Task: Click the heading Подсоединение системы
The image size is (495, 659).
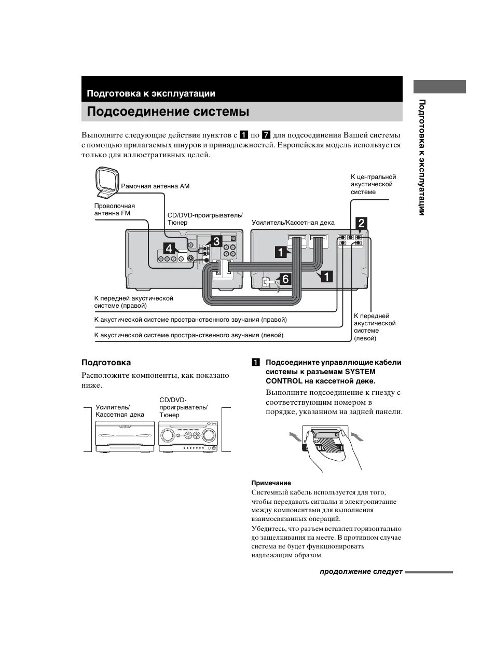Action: click(168, 112)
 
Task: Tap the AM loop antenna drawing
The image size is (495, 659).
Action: click(106, 183)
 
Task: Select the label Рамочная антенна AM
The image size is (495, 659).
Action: click(155, 186)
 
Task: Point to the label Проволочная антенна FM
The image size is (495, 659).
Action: click(114, 210)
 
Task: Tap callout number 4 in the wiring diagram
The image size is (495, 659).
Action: click(169, 248)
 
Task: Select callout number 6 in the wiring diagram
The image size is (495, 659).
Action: click(284, 279)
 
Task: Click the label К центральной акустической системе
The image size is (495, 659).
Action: click(373, 185)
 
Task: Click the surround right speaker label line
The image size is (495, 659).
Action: click(190, 320)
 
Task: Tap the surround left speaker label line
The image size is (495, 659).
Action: click(188, 335)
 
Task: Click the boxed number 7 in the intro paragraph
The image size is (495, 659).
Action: click(266, 135)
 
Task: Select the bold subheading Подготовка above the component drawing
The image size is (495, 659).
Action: click(106, 363)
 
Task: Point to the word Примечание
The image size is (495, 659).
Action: click(271, 483)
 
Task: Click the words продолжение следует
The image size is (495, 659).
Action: click(361, 572)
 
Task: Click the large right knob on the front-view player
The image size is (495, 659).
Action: click(210, 434)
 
